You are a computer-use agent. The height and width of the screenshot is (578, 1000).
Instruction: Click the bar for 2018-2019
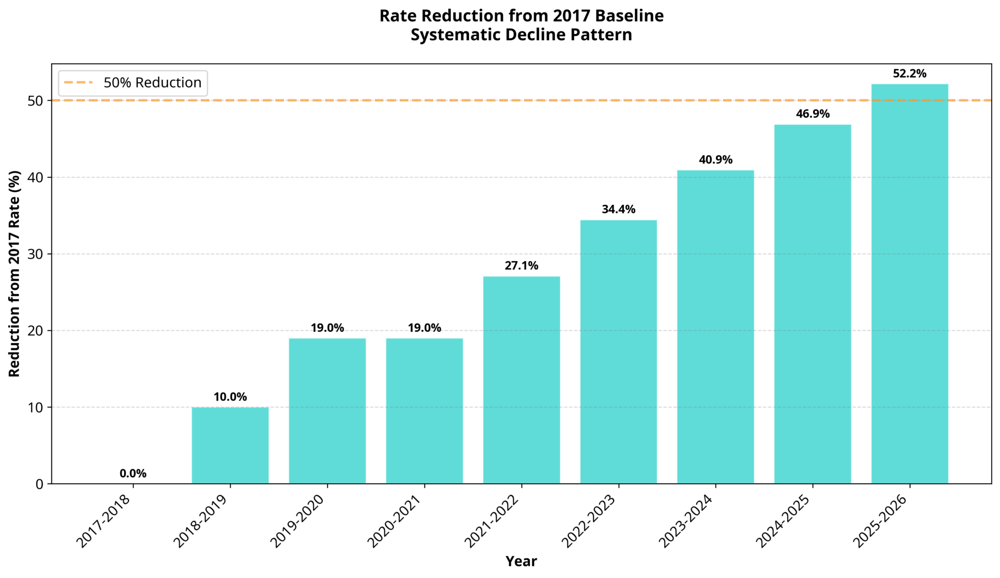coord(230,445)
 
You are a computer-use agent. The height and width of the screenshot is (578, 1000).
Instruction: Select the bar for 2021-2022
coord(521,380)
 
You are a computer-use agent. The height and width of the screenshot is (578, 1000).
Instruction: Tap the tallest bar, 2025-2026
coord(910,284)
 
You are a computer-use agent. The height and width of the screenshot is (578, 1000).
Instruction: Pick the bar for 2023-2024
coord(715,327)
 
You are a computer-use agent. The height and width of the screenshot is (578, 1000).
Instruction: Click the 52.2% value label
coord(910,74)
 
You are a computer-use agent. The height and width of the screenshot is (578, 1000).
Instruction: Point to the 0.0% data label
coord(133,473)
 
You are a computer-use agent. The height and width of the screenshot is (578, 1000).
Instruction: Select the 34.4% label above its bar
coord(619,210)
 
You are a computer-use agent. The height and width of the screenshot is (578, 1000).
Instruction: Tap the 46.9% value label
coord(812,114)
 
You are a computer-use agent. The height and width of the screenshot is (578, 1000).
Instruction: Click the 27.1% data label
coord(521,266)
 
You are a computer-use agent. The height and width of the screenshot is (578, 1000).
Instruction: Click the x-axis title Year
coord(521,561)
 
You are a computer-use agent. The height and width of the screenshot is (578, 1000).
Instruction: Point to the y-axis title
coord(15,274)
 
